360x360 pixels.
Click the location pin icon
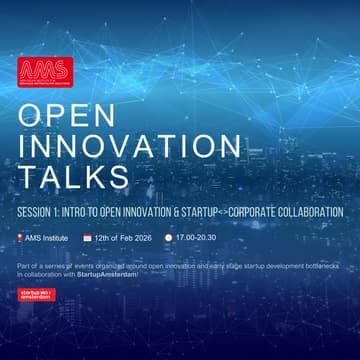pyautogui.click(x=20, y=238)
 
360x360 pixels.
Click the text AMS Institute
pyautogui.click(x=47, y=238)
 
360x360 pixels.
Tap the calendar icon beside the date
pyautogui.click(x=87, y=238)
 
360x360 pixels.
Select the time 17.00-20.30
pyautogui.click(x=195, y=238)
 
